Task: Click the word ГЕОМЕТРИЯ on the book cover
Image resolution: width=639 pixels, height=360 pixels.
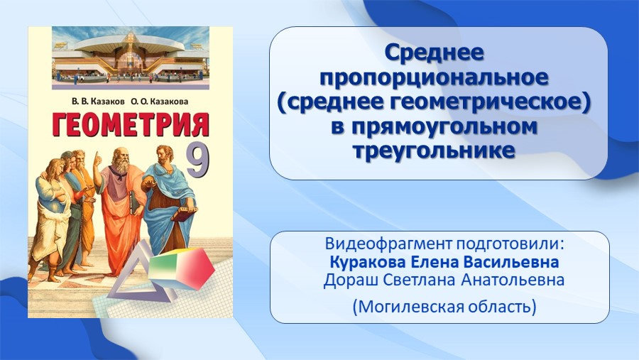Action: [x=131, y=124]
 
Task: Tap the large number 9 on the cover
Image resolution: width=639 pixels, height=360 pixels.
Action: [x=197, y=160]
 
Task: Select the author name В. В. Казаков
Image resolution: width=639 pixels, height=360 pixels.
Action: [x=98, y=102]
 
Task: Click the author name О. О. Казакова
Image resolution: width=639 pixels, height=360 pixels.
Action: [x=160, y=102]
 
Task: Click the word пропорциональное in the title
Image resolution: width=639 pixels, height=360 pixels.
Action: [x=434, y=77]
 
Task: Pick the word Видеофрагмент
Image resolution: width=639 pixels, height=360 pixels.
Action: [x=388, y=244]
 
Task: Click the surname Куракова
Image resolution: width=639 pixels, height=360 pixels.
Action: [x=368, y=262]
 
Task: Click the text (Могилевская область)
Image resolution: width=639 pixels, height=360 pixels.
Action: [x=444, y=306]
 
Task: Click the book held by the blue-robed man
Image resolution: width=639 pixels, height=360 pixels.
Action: [x=185, y=213]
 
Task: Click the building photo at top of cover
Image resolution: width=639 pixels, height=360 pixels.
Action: [x=131, y=58]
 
